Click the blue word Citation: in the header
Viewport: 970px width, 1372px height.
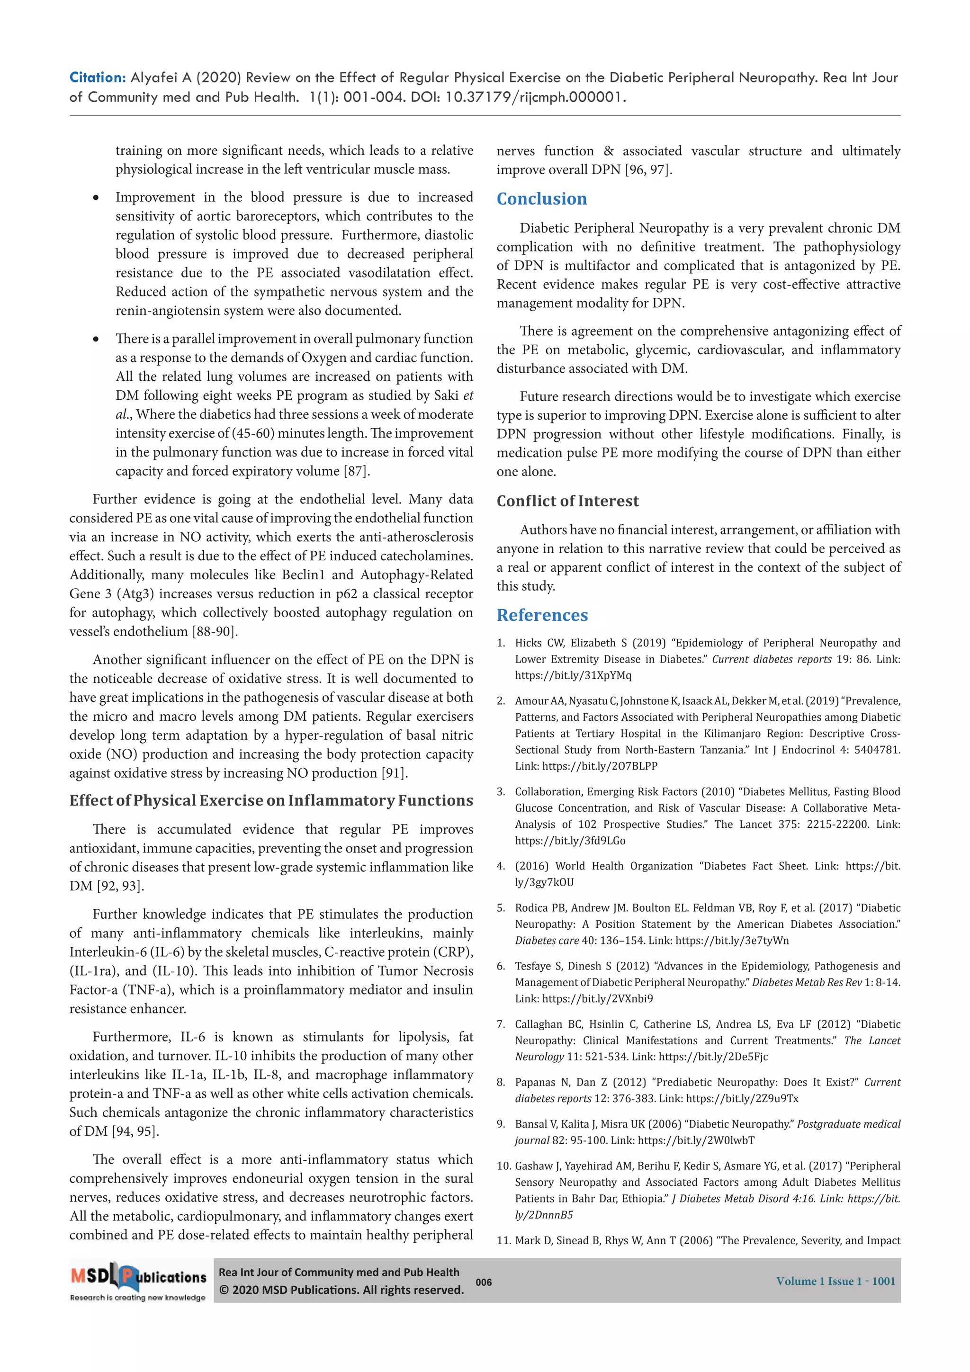tap(97, 77)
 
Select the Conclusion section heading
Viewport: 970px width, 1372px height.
tap(541, 198)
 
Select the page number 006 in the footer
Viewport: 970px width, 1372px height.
tap(484, 1282)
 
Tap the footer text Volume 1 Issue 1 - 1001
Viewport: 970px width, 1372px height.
tap(835, 1281)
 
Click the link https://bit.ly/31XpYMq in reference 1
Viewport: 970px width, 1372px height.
tap(573, 675)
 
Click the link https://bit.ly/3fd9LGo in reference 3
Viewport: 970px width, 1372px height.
tap(570, 840)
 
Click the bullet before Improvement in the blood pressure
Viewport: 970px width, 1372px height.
tap(96, 198)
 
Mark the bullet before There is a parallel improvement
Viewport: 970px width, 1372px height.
tap(96, 340)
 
